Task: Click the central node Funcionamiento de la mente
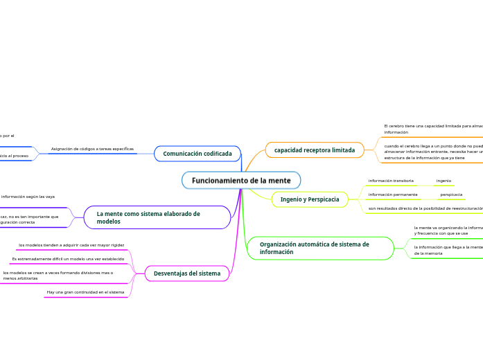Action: coord(241,181)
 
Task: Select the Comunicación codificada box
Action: coord(197,154)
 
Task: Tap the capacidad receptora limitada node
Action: coord(315,150)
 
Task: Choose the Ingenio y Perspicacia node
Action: coord(310,199)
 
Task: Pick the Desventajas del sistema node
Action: coord(186,273)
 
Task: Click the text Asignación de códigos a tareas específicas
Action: coord(92,149)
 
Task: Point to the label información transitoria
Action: coord(391,181)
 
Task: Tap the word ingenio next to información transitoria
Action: coord(444,181)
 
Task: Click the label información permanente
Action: coord(393,195)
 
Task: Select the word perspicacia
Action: coord(451,195)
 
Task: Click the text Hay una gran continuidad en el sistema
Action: coord(85,292)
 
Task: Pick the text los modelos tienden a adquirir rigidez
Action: coord(71,245)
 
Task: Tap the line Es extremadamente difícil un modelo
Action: coord(68,259)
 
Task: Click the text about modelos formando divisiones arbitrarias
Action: coord(58,276)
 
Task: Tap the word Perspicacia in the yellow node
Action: coord(325,199)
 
